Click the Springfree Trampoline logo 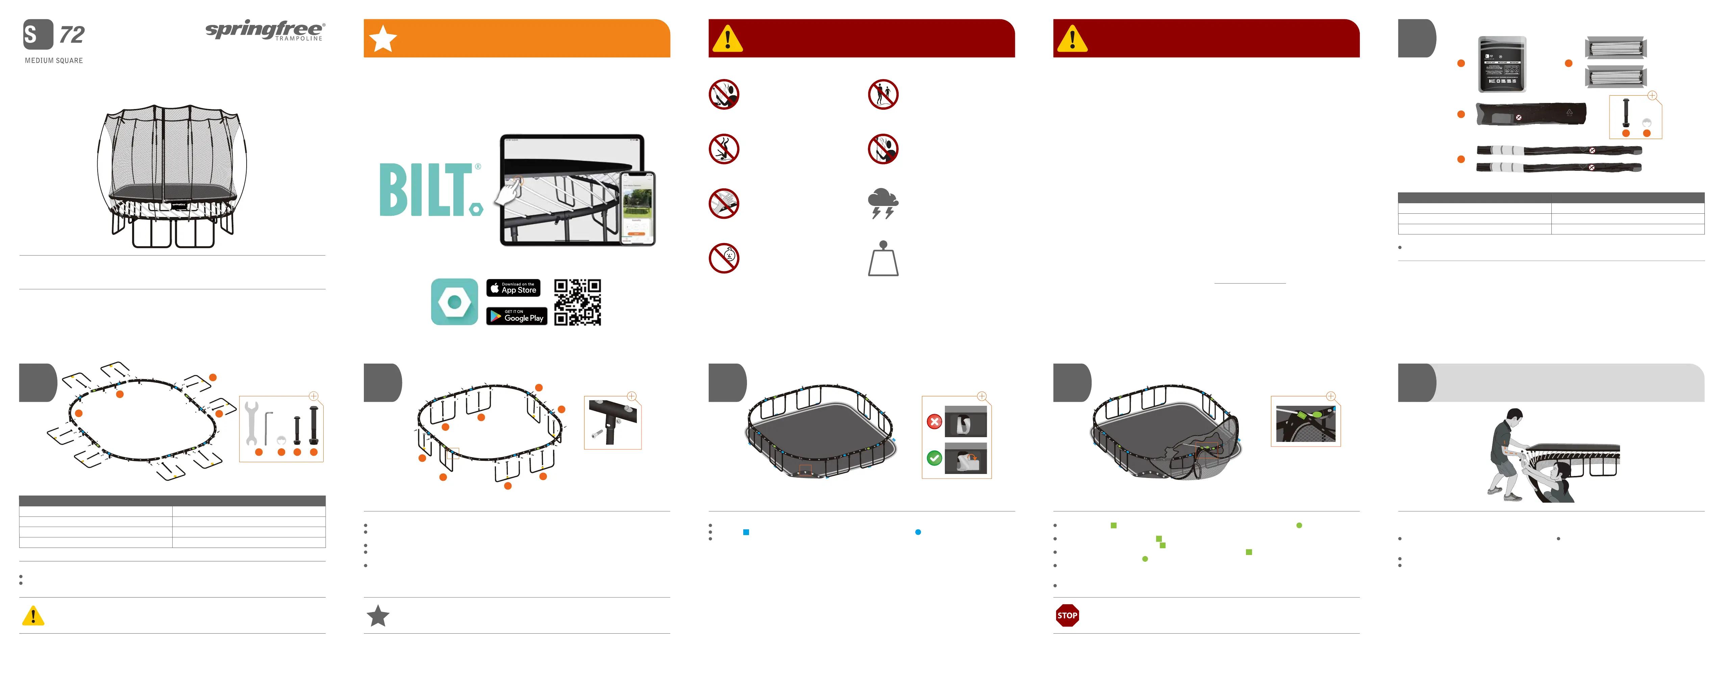tap(265, 31)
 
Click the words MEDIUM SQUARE tap(53, 60)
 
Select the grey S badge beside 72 tap(38, 34)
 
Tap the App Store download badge tap(513, 288)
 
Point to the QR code tap(578, 302)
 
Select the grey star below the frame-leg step tap(378, 616)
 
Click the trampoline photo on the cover tap(172, 175)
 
